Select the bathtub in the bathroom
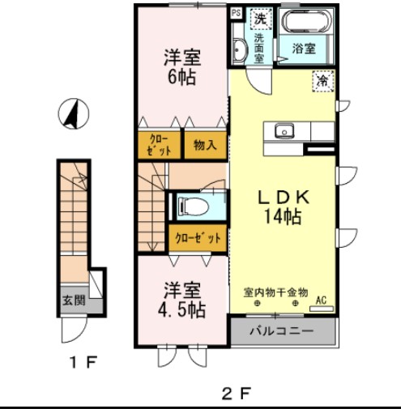point(304,21)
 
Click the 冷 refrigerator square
point(322,81)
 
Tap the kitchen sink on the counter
point(284,130)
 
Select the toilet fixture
point(193,205)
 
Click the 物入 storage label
point(204,146)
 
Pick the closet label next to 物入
point(159,145)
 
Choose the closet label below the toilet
point(197,237)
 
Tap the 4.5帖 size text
point(182,309)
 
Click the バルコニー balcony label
point(281,330)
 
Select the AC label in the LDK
point(320,299)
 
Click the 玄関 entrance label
point(73,300)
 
